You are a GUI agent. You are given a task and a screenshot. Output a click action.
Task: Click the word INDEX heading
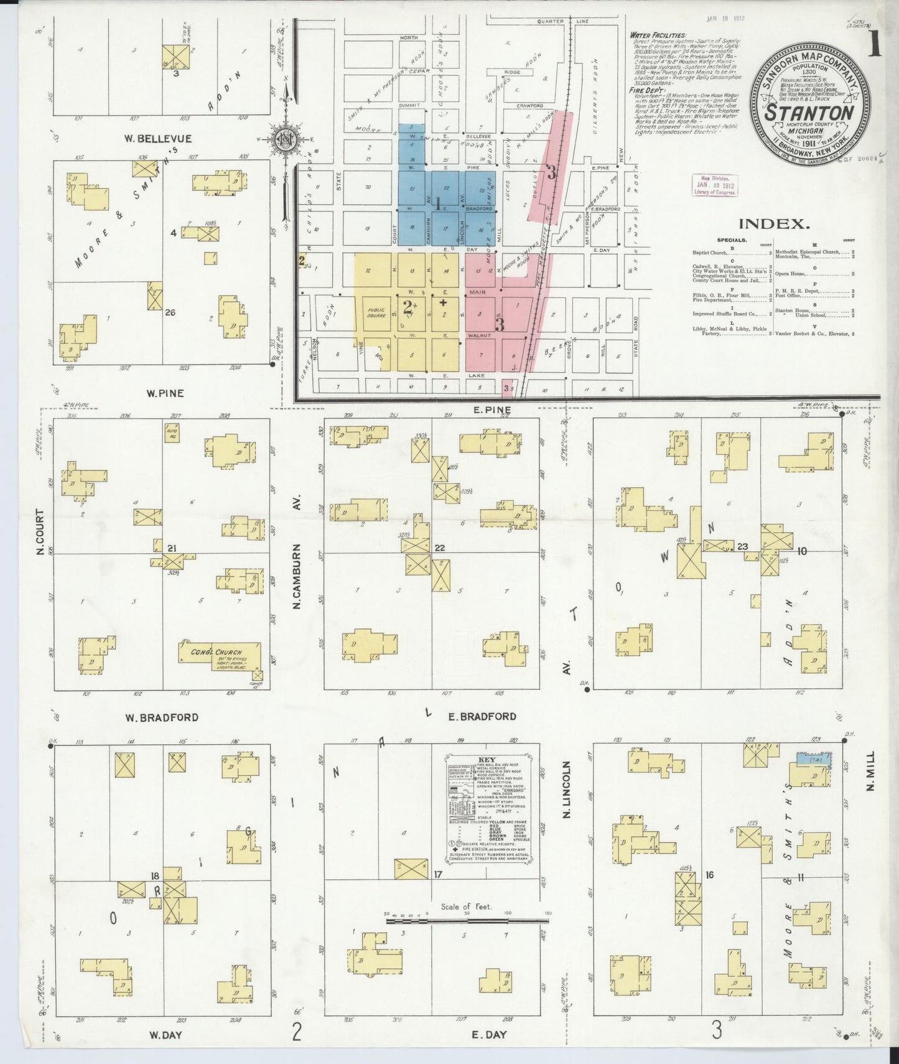tap(774, 224)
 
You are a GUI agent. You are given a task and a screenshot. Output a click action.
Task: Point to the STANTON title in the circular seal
tap(809, 113)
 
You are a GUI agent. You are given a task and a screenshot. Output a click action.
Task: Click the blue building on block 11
tap(812, 759)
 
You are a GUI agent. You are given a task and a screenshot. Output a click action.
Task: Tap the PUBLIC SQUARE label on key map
tap(376, 312)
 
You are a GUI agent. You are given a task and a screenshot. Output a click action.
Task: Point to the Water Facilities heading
tap(658, 35)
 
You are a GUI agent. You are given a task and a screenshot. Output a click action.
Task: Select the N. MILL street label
tap(870, 771)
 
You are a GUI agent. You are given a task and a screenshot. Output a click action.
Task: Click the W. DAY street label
tap(165, 1034)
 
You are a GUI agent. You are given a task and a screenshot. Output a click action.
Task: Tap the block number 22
tap(440, 548)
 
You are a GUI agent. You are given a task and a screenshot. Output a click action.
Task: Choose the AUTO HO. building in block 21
tap(172, 432)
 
